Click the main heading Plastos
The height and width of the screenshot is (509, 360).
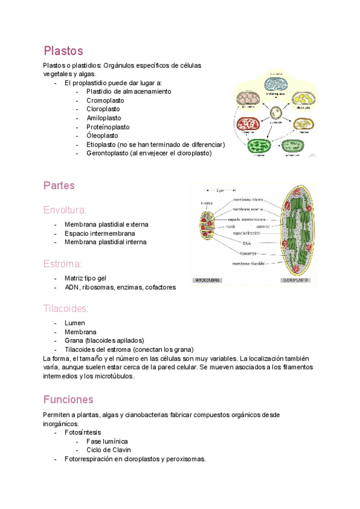pyautogui.click(x=63, y=50)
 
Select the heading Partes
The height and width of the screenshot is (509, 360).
pyautogui.click(x=59, y=185)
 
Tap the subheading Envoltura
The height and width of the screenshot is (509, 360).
pyautogui.click(x=65, y=209)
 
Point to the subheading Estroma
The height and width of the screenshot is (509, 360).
pyautogui.click(x=62, y=264)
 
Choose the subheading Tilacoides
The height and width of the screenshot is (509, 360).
pyautogui.click(x=66, y=309)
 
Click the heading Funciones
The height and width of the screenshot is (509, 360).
pyautogui.click(x=68, y=399)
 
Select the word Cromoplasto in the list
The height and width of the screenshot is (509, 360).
pyautogui.click(x=106, y=100)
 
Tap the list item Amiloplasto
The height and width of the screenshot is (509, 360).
pyautogui.click(x=104, y=118)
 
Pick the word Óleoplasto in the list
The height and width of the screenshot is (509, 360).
pyautogui.click(x=103, y=136)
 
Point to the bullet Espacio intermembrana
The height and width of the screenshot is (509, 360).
pyautogui.click(x=100, y=233)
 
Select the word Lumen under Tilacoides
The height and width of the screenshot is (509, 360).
pyautogui.click(x=75, y=323)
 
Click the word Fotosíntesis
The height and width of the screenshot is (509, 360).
pyautogui.click(x=83, y=432)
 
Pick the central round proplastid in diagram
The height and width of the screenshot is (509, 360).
pyautogui.click(x=276, y=112)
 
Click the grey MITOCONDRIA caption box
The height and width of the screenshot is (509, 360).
pyautogui.click(x=206, y=280)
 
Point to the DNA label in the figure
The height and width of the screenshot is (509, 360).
pyautogui.click(x=247, y=243)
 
